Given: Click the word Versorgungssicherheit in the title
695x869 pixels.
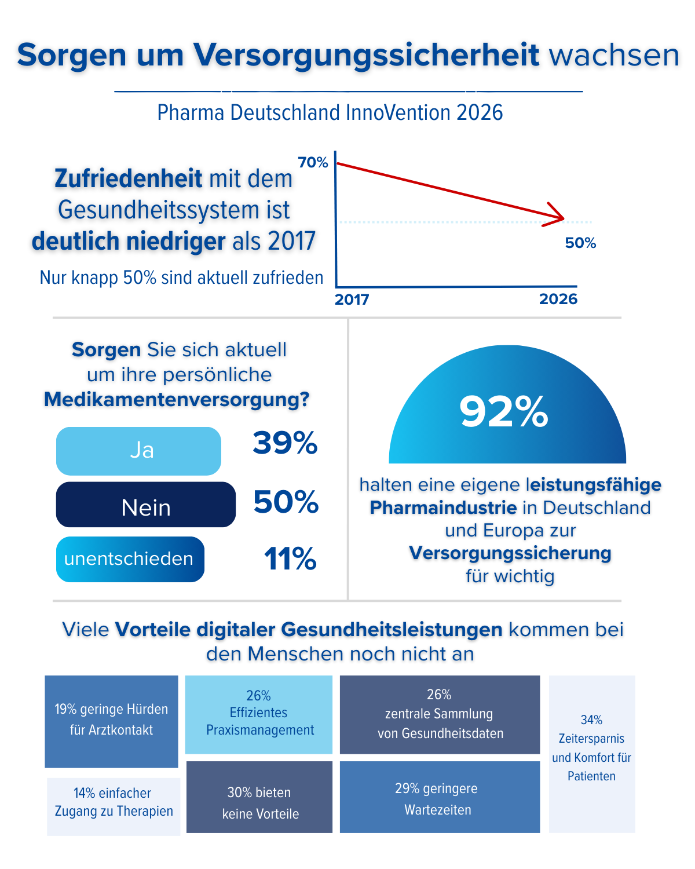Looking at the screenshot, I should point(366,56).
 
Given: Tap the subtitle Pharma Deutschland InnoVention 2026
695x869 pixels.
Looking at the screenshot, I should point(330,112).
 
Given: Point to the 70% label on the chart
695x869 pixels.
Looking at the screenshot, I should point(313,163).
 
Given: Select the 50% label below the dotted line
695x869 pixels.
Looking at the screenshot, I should point(580,243).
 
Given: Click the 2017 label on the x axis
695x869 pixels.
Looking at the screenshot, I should point(352,300).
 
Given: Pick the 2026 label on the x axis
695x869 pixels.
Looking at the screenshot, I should point(558,299).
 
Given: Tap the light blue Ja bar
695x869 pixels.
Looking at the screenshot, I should point(138,451).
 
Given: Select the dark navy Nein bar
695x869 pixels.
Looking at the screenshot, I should point(146,505).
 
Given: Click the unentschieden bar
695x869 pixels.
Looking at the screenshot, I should point(130,559).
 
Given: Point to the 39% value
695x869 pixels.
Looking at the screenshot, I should point(285,444).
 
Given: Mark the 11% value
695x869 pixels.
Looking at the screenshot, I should point(290,560).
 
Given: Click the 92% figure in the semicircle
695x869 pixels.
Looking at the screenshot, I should point(504,412).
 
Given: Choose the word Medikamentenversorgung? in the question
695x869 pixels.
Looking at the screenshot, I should point(177,400).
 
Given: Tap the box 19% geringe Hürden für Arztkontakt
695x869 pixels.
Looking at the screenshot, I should point(111,721).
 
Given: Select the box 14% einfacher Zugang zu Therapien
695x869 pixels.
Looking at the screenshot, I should point(114,806).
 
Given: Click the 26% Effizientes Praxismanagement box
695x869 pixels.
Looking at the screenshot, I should point(259,714).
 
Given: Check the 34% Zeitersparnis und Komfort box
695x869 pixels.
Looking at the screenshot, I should point(592,753).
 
